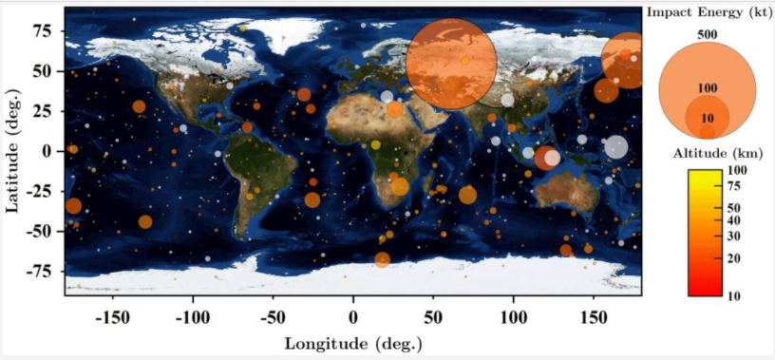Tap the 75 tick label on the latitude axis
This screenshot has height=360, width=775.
42,30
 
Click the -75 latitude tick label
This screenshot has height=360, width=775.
38,270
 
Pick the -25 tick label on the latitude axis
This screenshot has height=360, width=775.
38,190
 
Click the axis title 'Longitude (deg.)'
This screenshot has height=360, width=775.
352,343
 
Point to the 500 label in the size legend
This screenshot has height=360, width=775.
707,34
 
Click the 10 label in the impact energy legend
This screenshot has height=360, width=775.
707,118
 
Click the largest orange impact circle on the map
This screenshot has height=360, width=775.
451,63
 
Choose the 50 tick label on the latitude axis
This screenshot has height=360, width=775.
42,70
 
